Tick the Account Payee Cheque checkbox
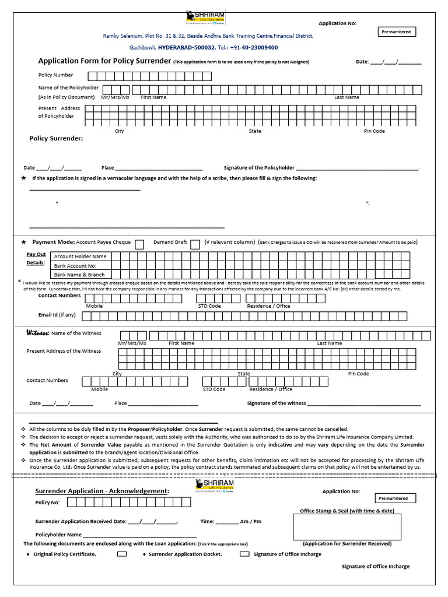click(140, 244)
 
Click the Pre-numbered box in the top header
click(396, 31)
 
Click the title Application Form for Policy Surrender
click(104, 61)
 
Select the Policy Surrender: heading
click(56, 139)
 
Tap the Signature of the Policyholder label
click(259, 168)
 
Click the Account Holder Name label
click(80, 256)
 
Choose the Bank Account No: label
click(75, 265)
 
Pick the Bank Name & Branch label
click(79, 275)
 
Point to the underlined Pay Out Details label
click(36, 258)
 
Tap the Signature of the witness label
click(276, 403)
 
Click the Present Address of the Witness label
click(64, 351)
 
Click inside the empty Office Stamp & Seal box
click(346, 527)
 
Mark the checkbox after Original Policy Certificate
click(122, 554)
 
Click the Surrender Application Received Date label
click(80, 521)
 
